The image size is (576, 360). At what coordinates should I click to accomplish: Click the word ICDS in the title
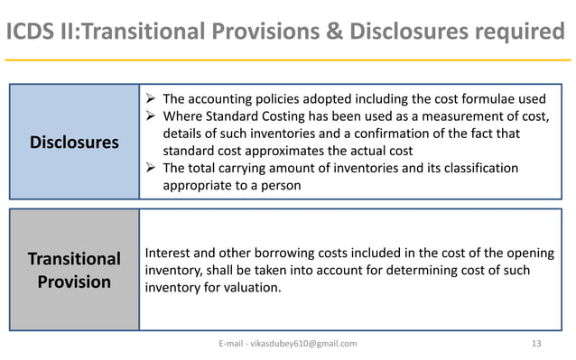(x=34, y=33)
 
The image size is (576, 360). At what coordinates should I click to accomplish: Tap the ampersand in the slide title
(x=333, y=33)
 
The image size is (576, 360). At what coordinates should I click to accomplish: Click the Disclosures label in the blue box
(x=74, y=143)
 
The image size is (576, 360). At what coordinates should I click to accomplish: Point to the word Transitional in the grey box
(x=74, y=259)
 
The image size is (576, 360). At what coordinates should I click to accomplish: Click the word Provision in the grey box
(x=74, y=282)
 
